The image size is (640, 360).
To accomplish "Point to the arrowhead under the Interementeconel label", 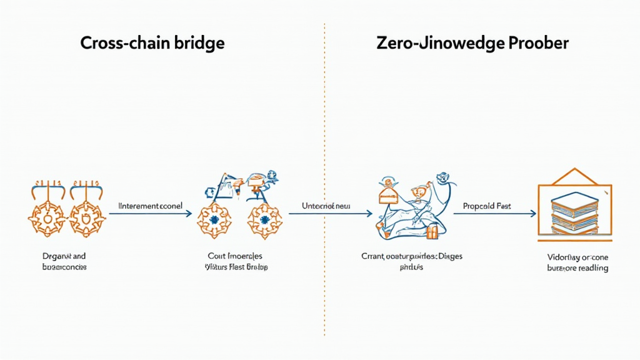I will pos(188,214).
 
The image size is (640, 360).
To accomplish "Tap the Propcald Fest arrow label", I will pos(487,205).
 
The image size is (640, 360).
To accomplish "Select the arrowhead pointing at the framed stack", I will pos(532,214).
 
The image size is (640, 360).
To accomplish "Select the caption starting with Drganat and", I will pos(61,256).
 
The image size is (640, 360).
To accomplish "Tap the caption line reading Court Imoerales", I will pos(235,256).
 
